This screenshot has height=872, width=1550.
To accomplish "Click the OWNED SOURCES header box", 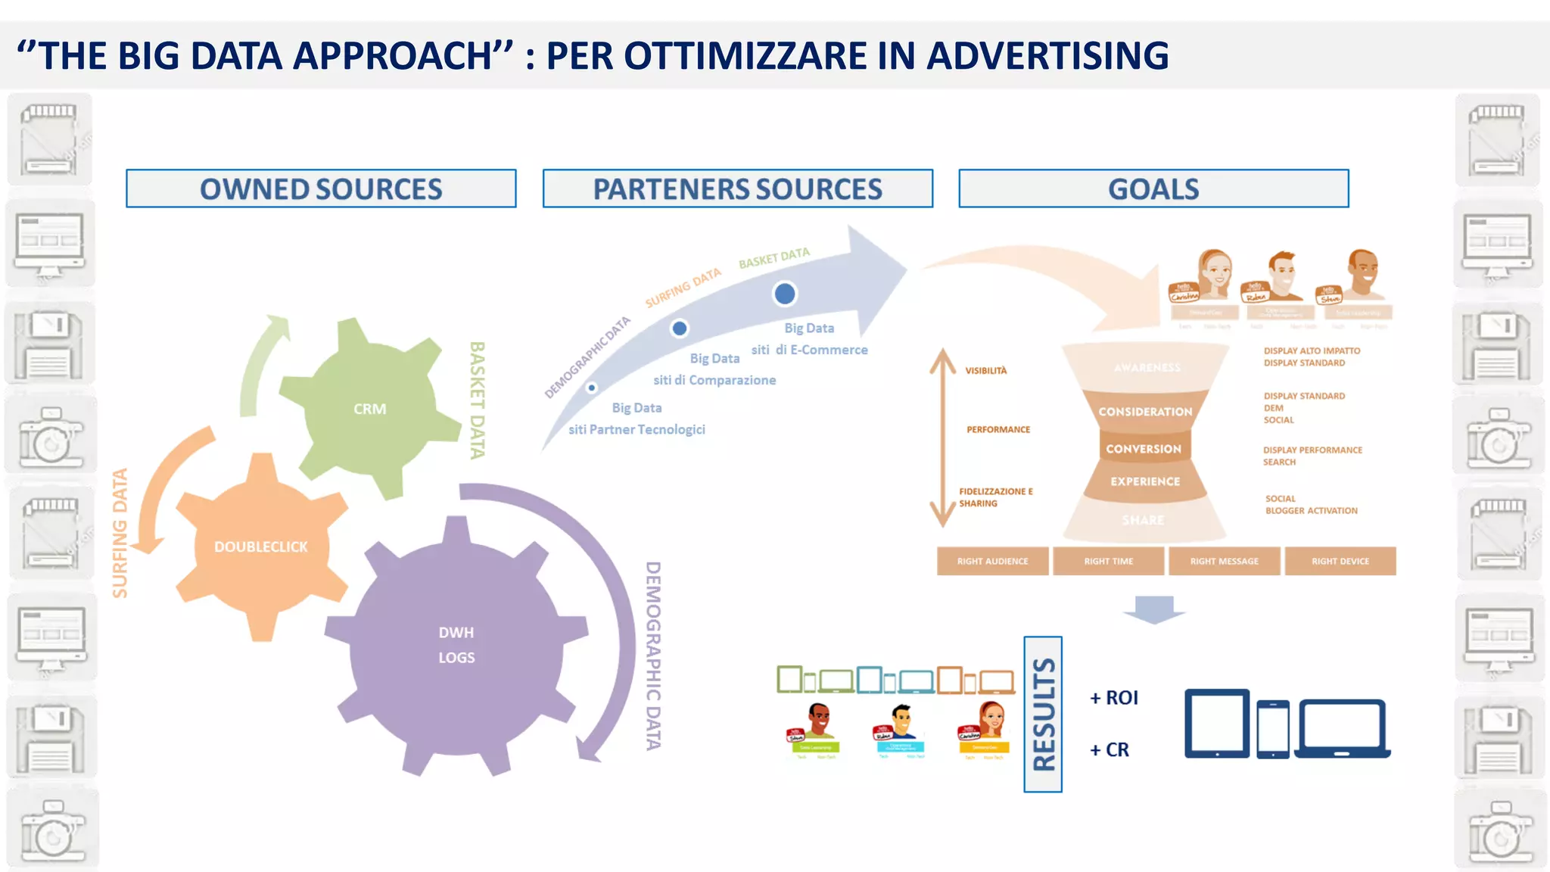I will pyautogui.click(x=321, y=188).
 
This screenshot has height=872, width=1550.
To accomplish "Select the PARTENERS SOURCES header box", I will pyautogui.click(x=737, y=188).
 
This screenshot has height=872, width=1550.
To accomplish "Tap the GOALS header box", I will pyautogui.click(x=1153, y=188).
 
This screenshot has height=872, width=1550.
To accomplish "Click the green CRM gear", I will pyautogui.click(x=370, y=409).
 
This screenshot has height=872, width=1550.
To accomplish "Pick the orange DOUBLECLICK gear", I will pyautogui.click(x=261, y=547).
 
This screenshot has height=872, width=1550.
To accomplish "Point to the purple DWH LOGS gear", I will pyautogui.click(x=456, y=645).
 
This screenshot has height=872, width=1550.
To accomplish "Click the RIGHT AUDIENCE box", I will pyautogui.click(x=992, y=561).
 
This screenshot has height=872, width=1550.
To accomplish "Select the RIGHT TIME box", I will pyautogui.click(x=1108, y=561).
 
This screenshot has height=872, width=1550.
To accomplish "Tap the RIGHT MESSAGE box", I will pyautogui.click(x=1224, y=561).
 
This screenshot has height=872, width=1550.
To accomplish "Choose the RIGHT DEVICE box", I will pyautogui.click(x=1340, y=561).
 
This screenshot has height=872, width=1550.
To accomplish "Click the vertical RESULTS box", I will pyautogui.click(x=1043, y=715).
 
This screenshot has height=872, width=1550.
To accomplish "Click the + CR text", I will pyautogui.click(x=1109, y=749).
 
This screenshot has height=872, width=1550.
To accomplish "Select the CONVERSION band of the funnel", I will pyautogui.click(x=1144, y=449).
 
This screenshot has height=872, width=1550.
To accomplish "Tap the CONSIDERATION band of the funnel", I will pyautogui.click(x=1145, y=411).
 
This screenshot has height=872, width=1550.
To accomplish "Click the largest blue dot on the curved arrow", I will pyautogui.click(x=785, y=294).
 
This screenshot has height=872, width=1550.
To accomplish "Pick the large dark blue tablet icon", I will pyautogui.click(x=1217, y=723).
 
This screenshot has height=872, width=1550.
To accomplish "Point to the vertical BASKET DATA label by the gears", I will pyautogui.click(x=477, y=400).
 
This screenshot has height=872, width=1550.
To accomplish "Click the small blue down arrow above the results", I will pyautogui.click(x=1154, y=609).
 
